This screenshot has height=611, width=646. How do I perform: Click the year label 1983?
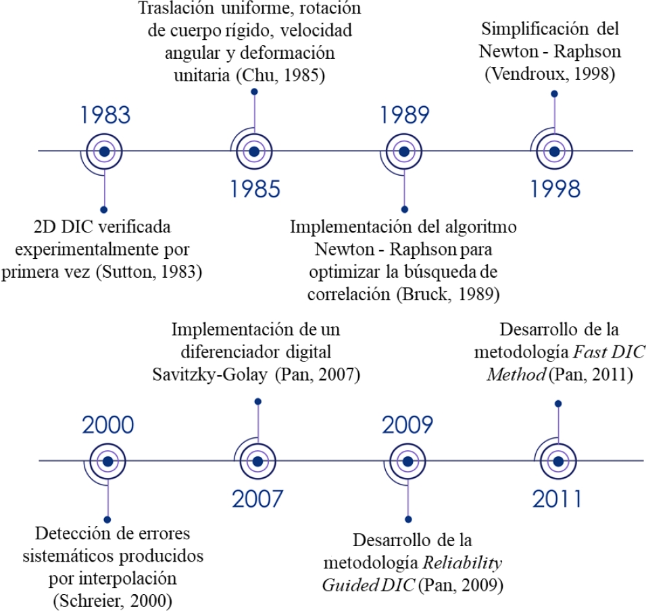point(105,116)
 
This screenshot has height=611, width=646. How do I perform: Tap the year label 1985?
point(255,188)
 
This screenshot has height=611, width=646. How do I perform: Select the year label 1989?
point(403,116)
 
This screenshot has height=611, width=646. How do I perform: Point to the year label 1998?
point(554,188)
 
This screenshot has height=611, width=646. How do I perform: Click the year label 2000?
point(107,426)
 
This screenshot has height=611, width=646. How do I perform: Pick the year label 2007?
point(257,498)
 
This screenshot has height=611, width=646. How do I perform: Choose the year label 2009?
point(407,426)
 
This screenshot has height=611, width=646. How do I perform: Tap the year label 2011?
point(557,498)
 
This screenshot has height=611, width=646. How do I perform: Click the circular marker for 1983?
point(103,151)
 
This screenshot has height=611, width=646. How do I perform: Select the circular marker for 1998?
point(554,151)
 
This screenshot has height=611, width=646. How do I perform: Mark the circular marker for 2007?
point(257,462)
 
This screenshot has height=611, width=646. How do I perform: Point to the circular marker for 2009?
point(407,462)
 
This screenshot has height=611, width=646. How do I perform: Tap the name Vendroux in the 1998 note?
point(528,74)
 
